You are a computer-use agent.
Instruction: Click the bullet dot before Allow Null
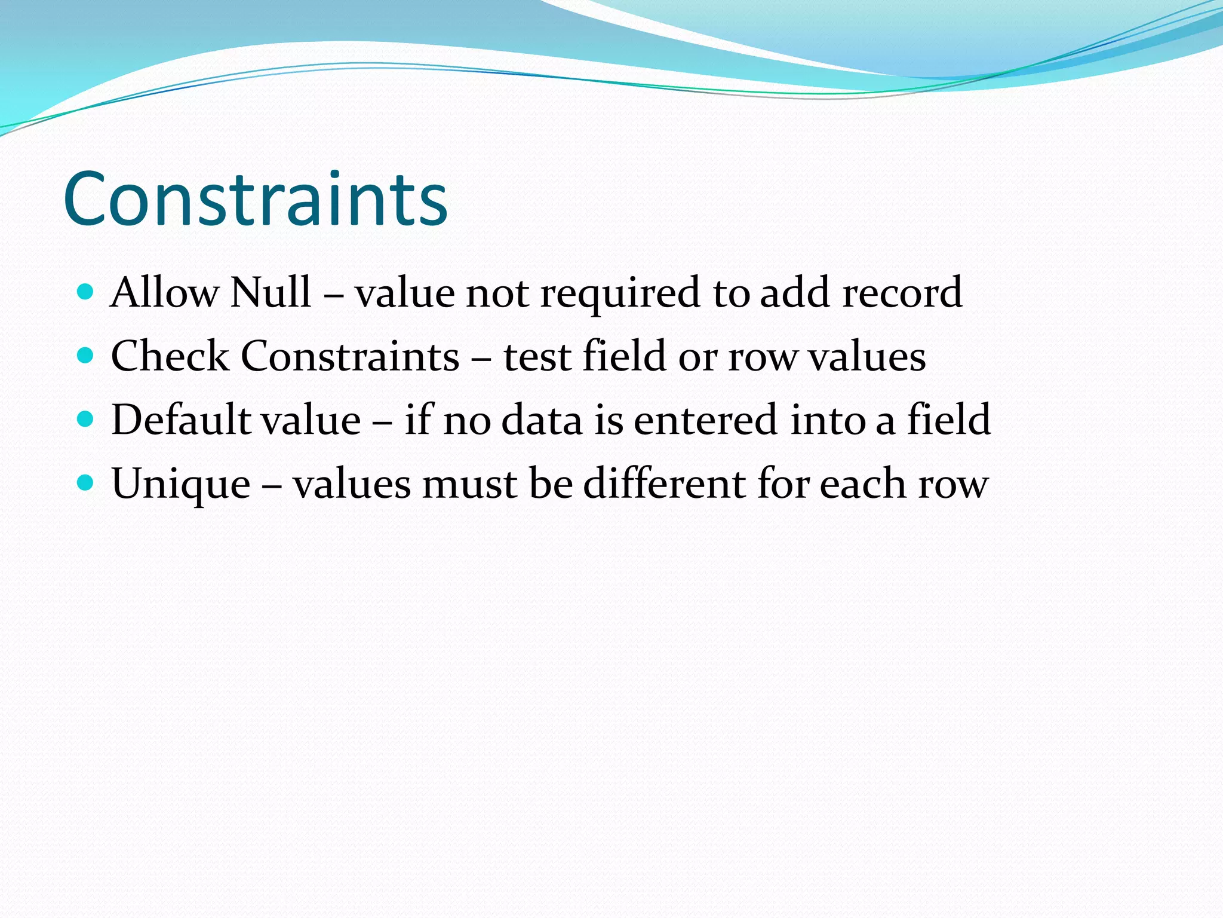coord(86,292)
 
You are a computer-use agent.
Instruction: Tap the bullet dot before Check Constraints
coord(86,356)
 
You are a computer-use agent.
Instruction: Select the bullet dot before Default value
coord(86,419)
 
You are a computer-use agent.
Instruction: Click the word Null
coord(271,292)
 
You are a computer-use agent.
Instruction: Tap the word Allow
coord(165,292)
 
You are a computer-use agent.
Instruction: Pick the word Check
coord(170,356)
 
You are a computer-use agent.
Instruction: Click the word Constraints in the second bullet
coord(350,356)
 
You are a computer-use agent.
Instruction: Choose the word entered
coord(706,420)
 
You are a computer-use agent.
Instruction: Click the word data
coord(542,420)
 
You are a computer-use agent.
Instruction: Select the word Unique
coord(180,484)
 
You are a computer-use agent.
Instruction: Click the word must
coord(470,484)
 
